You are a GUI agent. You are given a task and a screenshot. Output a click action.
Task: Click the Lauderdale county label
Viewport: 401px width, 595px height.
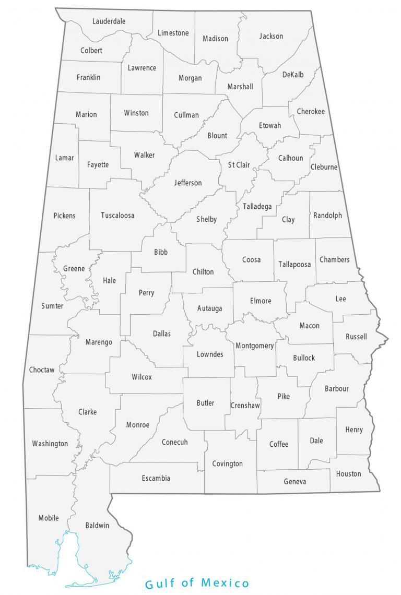pyautogui.click(x=109, y=21)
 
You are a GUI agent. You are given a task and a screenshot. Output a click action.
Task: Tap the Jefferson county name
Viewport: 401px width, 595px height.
pyautogui.click(x=188, y=183)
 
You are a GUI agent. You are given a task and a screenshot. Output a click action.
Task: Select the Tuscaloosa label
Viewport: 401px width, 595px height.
pyautogui.click(x=117, y=215)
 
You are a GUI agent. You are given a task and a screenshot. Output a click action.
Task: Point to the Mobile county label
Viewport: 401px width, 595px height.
pyautogui.click(x=49, y=518)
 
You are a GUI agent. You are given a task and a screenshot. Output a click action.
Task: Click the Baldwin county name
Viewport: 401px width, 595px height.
pyautogui.click(x=97, y=525)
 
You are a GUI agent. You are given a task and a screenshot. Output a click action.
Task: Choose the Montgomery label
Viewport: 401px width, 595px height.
pyautogui.click(x=255, y=346)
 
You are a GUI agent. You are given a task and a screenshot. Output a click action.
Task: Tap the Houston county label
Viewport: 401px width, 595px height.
pyautogui.click(x=348, y=473)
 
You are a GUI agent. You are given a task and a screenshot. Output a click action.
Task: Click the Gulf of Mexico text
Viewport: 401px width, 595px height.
pyautogui.click(x=197, y=583)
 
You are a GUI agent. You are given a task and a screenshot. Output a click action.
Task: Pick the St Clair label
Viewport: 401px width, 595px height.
pyautogui.click(x=239, y=165)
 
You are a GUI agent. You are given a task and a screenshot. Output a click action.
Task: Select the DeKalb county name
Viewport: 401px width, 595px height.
pyautogui.click(x=293, y=75)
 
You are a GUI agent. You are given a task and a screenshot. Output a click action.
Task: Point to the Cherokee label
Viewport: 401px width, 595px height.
pyautogui.click(x=311, y=111)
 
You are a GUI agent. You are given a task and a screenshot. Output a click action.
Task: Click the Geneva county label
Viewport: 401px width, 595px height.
pyautogui.click(x=295, y=481)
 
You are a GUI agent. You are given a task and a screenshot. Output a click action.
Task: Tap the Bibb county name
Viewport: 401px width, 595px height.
pyautogui.click(x=161, y=252)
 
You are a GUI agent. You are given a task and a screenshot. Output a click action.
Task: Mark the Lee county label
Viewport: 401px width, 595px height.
pyautogui.click(x=340, y=299)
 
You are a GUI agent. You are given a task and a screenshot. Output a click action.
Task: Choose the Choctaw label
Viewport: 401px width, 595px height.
pyautogui.click(x=42, y=370)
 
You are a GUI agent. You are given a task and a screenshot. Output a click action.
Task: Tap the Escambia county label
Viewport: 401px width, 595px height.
pyautogui.click(x=156, y=478)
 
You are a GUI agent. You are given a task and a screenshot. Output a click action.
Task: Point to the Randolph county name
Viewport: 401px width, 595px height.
pyautogui.click(x=328, y=215)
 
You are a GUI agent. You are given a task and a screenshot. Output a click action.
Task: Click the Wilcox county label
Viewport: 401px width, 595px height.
pyautogui.click(x=142, y=377)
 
